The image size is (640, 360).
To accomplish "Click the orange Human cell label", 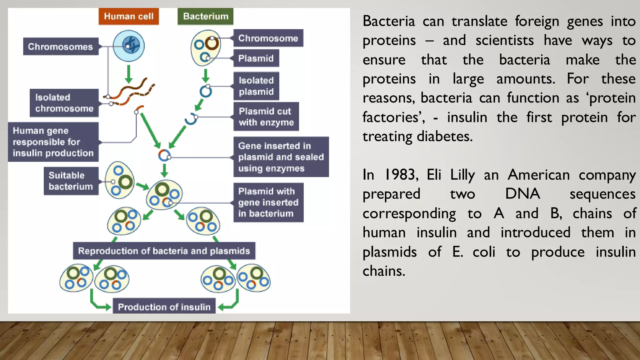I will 128,16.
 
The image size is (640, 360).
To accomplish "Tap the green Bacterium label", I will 205,16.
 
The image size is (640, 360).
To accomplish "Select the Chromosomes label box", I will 61,47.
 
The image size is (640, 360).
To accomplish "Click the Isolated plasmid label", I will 256,86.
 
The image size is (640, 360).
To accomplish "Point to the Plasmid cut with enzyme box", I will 266,117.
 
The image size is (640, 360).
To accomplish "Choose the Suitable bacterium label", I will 71,181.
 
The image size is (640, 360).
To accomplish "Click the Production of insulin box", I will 164,307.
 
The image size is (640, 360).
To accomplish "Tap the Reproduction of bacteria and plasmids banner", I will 164,251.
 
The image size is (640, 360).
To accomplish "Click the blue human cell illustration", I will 129,46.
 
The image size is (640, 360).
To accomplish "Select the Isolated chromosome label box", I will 64,103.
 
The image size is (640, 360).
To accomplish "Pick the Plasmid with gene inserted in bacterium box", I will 268,202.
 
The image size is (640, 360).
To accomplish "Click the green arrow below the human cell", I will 128,74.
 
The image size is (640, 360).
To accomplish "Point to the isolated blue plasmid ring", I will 206,92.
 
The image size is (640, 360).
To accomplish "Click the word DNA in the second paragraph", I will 522,194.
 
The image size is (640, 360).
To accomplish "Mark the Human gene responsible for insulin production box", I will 53,142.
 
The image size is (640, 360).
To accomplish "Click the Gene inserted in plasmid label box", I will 281,157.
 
